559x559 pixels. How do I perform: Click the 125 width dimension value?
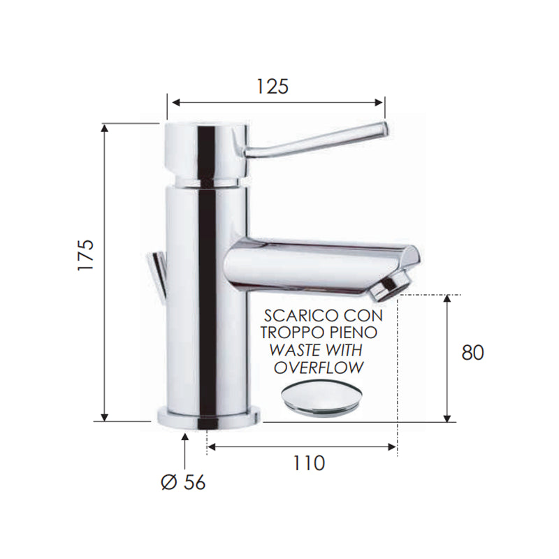[272, 86]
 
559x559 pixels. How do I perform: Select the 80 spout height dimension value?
[472, 352]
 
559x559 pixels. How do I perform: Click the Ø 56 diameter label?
[183, 482]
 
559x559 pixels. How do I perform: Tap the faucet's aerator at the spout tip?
[394, 284]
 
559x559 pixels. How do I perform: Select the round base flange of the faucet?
[209, 417]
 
